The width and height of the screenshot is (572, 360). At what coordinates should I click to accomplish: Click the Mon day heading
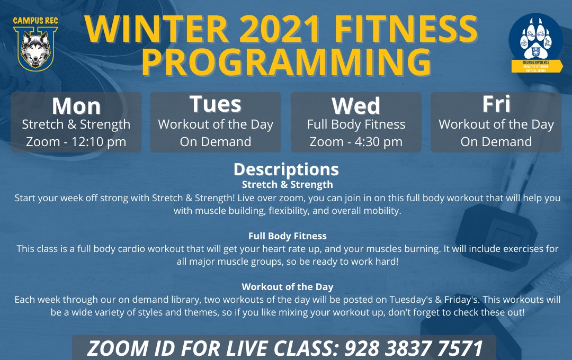coord(76,106)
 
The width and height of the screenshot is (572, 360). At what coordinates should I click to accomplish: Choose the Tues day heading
coord(216,104)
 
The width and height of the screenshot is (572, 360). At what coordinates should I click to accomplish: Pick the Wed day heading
coord(356,106)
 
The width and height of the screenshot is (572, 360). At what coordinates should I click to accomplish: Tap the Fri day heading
coord(496,104)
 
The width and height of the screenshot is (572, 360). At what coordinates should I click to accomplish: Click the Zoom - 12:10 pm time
coord(76,142)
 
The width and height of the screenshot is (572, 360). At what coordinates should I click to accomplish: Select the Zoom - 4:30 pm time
coord(356,142)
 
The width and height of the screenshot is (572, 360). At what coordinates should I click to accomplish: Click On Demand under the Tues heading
coord(216,142)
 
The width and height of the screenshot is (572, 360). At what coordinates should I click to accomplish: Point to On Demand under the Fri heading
coord(496,142)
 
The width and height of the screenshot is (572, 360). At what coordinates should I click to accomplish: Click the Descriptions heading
coord(286,169)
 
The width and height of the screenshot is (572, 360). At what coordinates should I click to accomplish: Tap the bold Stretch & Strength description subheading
coord(287,185)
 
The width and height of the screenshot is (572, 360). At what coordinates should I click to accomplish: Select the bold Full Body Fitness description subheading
coord(287,236)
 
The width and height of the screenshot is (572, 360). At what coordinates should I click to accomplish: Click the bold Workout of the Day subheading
coord(287,286)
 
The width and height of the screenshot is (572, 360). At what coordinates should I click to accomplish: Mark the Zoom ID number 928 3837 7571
coord(414,349)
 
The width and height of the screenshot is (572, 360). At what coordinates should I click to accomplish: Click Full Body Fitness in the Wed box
coord(356,125)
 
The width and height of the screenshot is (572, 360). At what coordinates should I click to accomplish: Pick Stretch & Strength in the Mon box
coord(76,125)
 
